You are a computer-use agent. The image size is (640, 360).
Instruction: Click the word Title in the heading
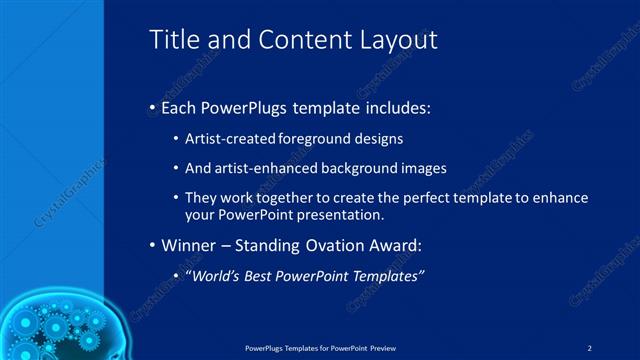point(173,39)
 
